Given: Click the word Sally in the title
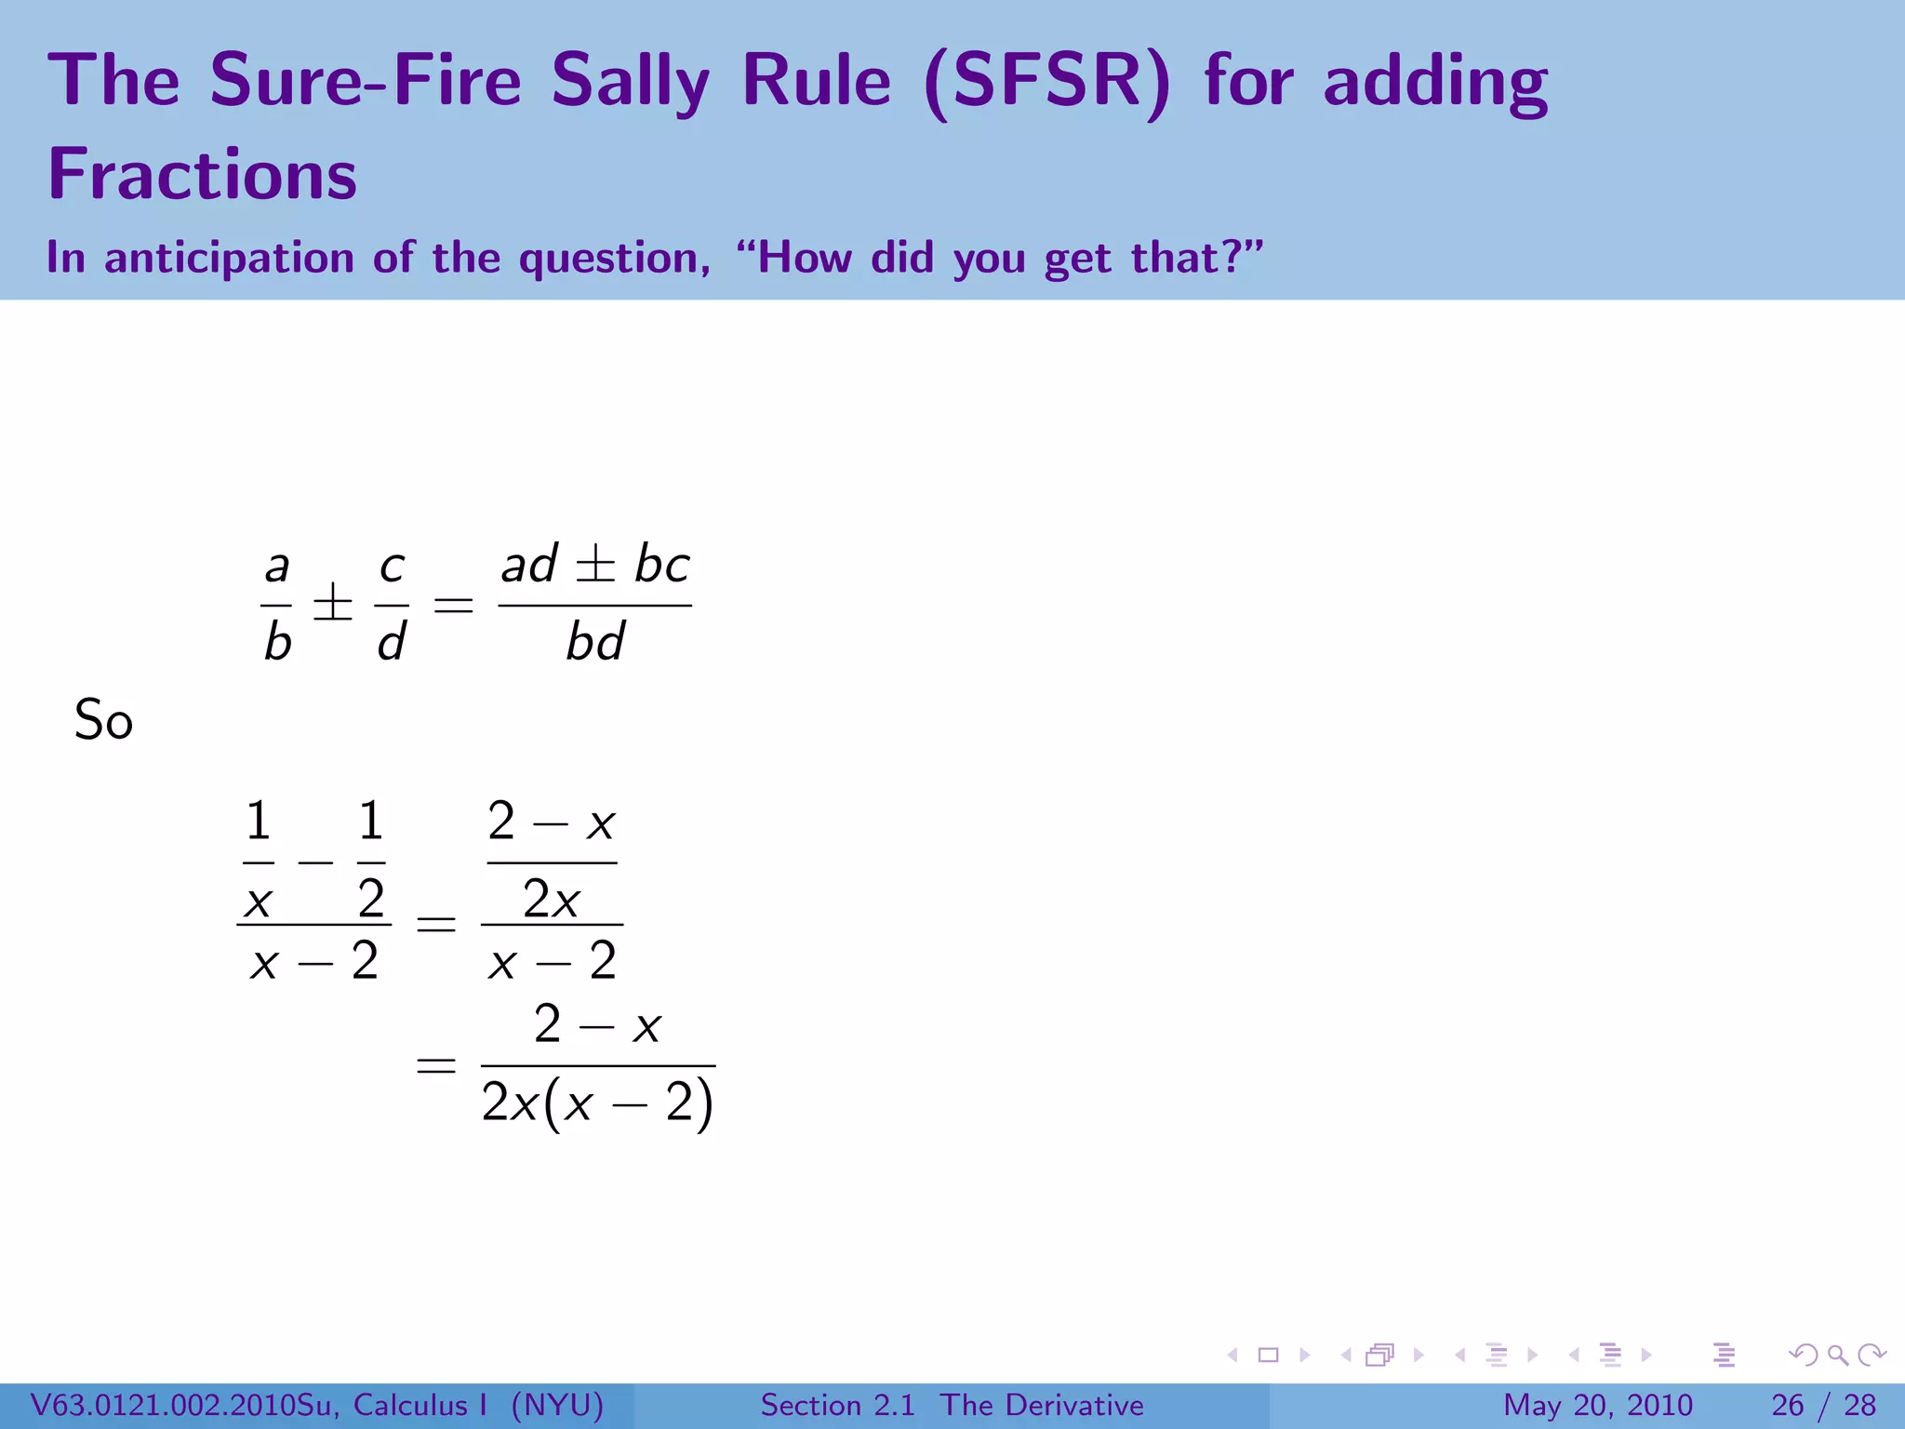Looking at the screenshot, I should click(630, 82).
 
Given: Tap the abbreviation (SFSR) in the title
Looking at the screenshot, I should click(1048, 82).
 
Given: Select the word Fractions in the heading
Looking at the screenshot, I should click(202, 175).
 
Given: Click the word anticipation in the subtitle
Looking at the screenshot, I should click(229, 258).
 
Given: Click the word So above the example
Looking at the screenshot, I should click(103, 721).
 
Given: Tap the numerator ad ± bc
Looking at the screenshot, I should click(595, 565).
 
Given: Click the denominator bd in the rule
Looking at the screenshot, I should click(595, 642).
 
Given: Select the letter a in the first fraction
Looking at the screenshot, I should click(277, 566).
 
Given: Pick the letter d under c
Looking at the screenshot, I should click(392, 642).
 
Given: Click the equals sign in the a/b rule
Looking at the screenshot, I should click(454, 606).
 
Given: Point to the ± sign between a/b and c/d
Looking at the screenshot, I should click(333, 605).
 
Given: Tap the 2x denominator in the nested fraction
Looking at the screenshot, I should click(551, 899).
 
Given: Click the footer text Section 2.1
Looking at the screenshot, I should click(838, 1405).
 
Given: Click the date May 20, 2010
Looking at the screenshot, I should click(1598, 1405).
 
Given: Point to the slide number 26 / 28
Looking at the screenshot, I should click(1823, 1405).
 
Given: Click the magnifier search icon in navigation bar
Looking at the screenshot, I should click(1837, 1355).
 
